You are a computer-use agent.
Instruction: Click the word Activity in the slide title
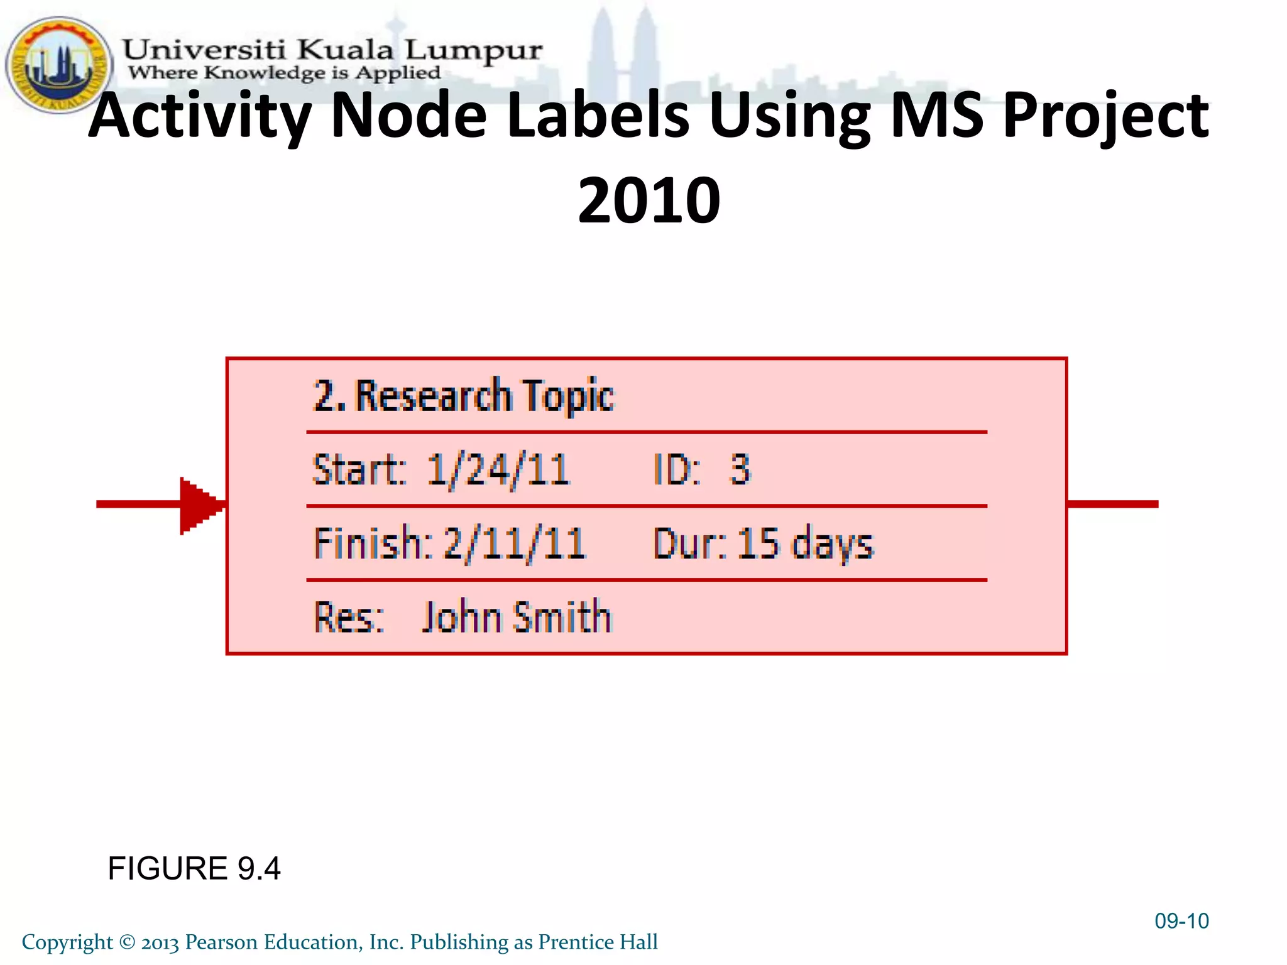(x=200, y=116)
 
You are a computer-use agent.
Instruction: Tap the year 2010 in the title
(x=649, y=200)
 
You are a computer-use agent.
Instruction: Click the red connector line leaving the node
(x=1112, y=504)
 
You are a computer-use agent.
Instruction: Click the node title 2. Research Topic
(x=464, y=396)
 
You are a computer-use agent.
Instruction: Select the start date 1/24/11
(x=498, y=470)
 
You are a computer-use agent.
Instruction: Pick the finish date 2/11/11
(x=514, y=543)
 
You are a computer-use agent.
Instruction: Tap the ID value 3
(x=740, y=469)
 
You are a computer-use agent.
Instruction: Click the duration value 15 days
(x=805, y=543)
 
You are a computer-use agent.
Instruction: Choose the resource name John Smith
(x=516, y=617)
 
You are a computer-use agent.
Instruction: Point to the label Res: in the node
(x=348, y=617)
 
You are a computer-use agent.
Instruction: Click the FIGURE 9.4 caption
(x=194, y=868)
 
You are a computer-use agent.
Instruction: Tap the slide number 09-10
(x=1181, y=921)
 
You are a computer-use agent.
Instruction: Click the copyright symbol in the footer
(x=127, y=942)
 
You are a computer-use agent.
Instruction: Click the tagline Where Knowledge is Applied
(x=284, y=73)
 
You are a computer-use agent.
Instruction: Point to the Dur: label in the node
(x=689, y=543)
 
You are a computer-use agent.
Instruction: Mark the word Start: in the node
(x=359, y=470)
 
